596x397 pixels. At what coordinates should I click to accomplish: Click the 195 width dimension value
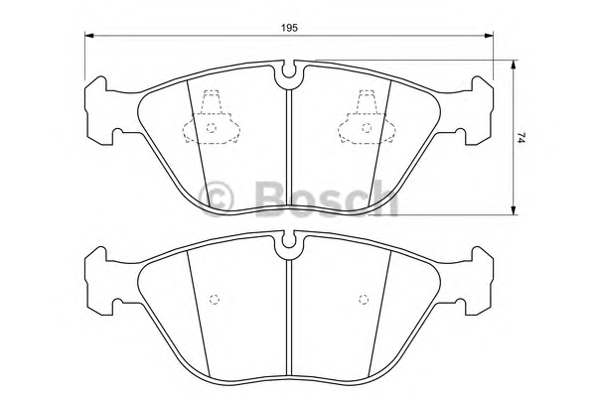[x=289, y=28]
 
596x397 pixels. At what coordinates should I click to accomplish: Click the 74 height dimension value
[x=521, y=138]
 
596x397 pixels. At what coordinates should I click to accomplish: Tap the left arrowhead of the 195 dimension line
[x=89, y=36]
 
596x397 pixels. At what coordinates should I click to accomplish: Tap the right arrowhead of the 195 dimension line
[x=489, y=36]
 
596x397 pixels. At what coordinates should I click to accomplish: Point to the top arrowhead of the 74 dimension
[x=514, y=65]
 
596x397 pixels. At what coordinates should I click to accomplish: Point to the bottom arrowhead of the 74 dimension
[x=514, y=210]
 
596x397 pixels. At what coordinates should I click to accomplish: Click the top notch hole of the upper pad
[x=289, y=70]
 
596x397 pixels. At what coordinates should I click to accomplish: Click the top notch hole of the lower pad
[x=289, y=241]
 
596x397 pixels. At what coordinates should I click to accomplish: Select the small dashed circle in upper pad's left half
[x=212, y=128]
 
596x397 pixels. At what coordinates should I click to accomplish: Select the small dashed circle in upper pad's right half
[x=367, y=128]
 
